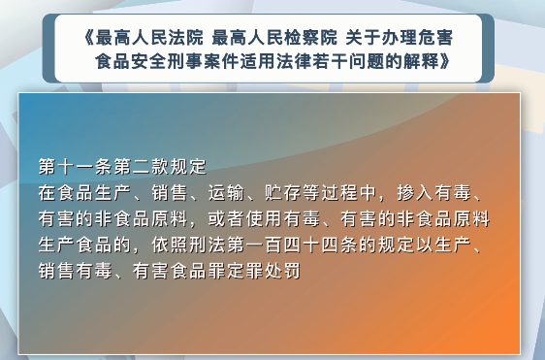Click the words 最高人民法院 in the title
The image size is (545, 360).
(x=151, y=39)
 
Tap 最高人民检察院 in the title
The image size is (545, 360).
(x=272, y=39)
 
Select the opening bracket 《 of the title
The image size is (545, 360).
(x=91, y=39)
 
